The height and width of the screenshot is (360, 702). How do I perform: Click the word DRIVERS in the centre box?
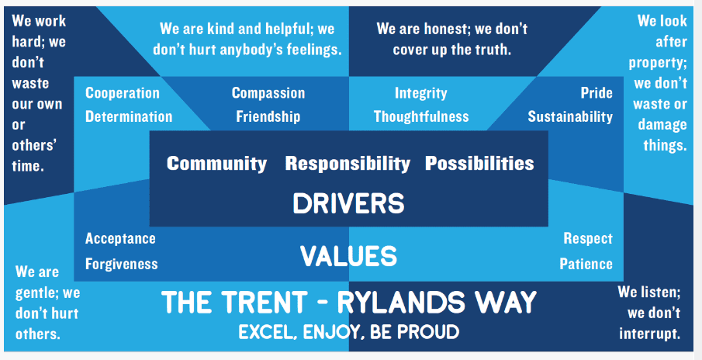(348, 203)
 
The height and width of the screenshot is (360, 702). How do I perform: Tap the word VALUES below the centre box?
(348, 256)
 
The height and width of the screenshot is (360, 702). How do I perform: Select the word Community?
(216, 164)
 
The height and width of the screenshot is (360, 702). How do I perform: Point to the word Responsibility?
(348, 164)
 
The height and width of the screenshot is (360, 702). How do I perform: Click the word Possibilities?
(479, 164)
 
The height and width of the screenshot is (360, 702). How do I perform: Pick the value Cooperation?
(123, 92)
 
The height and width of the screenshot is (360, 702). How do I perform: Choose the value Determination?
(129, 116)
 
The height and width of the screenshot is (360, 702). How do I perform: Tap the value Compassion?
(268, 92)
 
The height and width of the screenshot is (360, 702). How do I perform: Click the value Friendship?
(268, 116)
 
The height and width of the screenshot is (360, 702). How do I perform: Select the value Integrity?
(420, 93)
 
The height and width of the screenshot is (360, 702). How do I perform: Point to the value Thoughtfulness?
(421, 117)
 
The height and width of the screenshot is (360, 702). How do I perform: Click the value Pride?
(597, 92)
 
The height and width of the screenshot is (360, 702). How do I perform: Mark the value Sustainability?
(570, 117)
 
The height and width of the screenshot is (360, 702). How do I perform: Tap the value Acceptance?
(120, 239)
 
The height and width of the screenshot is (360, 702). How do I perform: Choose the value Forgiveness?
(121, 264)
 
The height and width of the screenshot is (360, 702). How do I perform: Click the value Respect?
(588, 239)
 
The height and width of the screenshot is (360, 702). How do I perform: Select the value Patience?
(586, 264)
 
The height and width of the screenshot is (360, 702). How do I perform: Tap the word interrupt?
(649, 334)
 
